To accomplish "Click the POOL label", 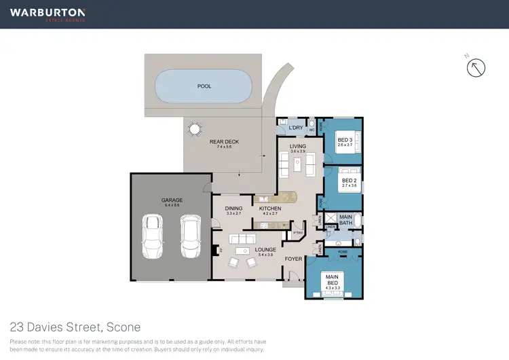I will click(204, 86).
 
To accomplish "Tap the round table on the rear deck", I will click(195, 128).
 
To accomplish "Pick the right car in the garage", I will click(190, 236).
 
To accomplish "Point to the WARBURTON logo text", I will click(48, 12).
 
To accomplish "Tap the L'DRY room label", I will click(295, 128).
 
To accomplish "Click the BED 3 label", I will click(345, 139).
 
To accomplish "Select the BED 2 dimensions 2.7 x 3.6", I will click(349, 185).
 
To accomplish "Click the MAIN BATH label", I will click(345, 219).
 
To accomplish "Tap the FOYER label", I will click(293, 258).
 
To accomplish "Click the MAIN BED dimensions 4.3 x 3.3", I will click(333, 288).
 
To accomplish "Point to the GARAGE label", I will click(172, 200).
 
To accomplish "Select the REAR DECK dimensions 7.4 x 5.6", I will click(224, 147).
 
